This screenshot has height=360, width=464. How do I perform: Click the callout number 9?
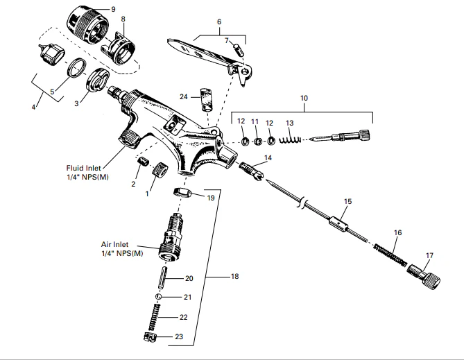(x=113, y=8)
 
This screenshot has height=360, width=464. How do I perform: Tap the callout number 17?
(x=429, y=255)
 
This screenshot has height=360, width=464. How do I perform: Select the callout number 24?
(x=184, y=96)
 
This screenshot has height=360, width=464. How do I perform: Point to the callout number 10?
(x=304, y=98)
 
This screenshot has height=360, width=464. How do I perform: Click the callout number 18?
(x=234, y=276)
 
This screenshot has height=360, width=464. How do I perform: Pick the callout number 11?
(x=255, y=121)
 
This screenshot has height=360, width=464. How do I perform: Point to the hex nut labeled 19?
(x=182, y=192)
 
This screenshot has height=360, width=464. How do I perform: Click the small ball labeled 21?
(x=159, y=296)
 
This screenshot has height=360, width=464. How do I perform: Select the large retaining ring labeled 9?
(x=89, y=22)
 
